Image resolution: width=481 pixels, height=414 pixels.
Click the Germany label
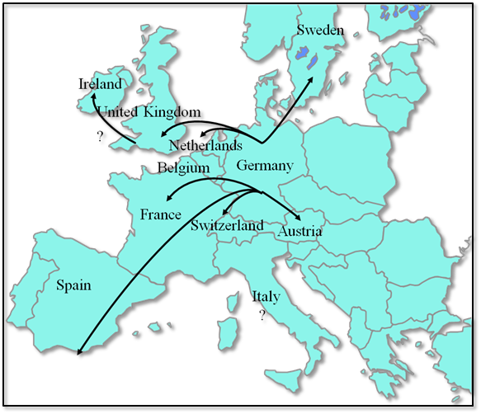(x=264, y=166)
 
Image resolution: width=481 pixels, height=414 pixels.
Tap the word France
(x=160, y=214)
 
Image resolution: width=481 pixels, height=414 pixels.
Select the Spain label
(x=73, y=285)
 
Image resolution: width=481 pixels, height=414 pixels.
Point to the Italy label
(x=266, y=296)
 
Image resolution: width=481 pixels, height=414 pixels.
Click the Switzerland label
(x=227, y=225)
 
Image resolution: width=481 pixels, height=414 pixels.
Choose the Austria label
(x=299, y=232)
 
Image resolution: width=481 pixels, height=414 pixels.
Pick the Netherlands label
(x=205, y=146)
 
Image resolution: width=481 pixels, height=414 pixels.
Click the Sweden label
(x=318, y=30)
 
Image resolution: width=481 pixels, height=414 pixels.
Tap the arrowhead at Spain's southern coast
(x=81, y=350)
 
